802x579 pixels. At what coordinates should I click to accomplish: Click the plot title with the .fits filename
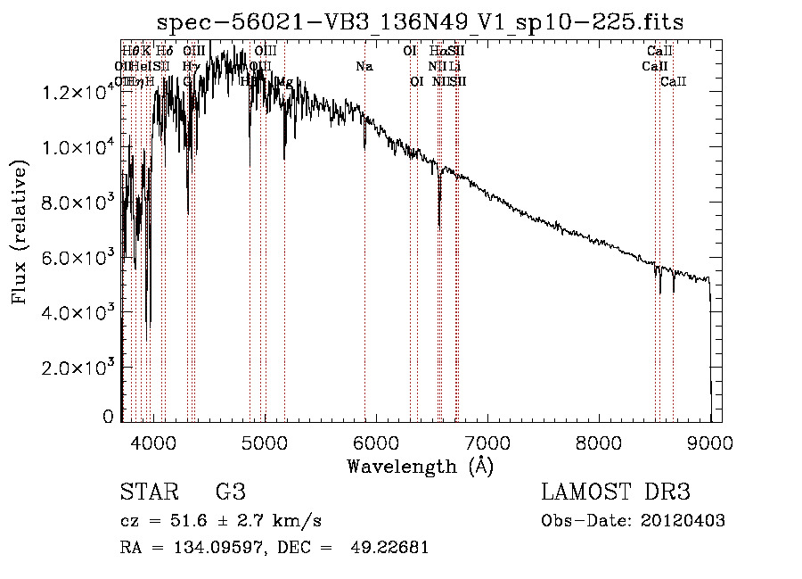coord(420,22)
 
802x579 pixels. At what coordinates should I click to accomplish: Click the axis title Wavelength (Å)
coord(420,466)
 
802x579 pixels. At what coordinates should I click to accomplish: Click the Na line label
coord(364,67)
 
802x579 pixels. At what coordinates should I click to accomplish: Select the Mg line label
coord(284,82)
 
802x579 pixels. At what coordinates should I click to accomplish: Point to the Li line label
coord(454,67)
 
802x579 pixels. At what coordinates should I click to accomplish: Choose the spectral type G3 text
coord(230,492)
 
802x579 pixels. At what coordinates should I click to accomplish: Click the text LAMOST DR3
coord(615,492)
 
